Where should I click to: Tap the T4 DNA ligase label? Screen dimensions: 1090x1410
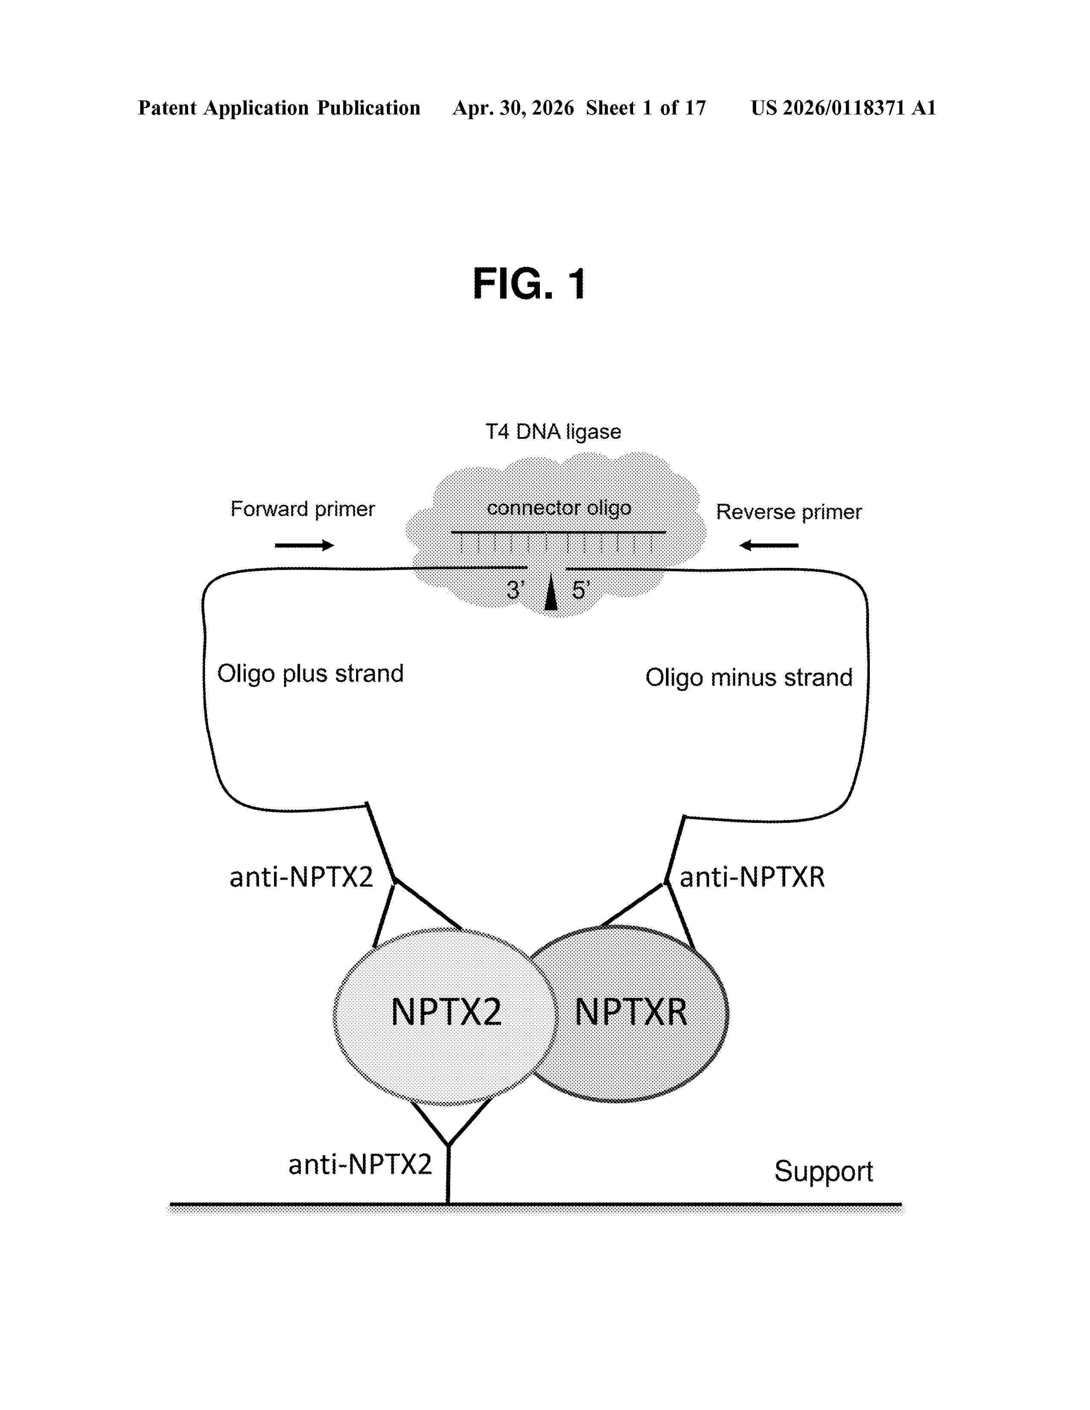553,431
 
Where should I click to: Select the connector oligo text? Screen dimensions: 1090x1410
559,508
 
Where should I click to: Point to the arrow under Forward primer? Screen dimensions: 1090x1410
304,546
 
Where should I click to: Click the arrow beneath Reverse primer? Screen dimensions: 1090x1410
769,546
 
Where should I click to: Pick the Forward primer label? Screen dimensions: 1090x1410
302,509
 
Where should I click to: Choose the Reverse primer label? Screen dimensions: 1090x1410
789,512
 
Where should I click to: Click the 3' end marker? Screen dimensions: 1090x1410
516,590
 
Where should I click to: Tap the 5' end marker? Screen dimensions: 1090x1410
580,590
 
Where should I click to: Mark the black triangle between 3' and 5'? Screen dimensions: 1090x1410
551,593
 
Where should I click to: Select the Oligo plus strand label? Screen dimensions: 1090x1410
310,673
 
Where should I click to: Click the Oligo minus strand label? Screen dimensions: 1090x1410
748,677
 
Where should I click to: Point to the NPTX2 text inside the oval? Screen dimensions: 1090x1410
446,1012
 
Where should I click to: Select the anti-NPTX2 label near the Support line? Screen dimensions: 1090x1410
359,1164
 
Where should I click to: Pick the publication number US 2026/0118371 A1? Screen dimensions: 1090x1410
843,108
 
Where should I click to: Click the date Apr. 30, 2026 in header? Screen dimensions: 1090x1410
513,108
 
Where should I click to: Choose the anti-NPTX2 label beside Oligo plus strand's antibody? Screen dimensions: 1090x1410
301,877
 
